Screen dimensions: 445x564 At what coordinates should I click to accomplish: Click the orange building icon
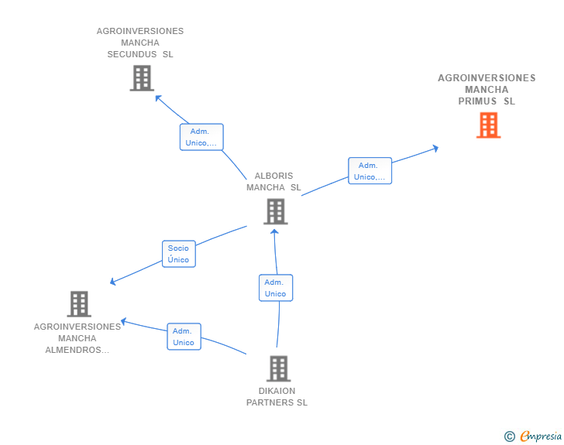[488, 125]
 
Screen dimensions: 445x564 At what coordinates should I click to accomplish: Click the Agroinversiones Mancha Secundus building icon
[142, 78]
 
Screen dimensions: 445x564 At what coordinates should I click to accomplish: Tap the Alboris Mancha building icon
[275, 211]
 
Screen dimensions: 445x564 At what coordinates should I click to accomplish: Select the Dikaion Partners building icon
[278, 368]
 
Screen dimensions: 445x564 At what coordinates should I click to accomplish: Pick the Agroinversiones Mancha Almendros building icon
[79, 304]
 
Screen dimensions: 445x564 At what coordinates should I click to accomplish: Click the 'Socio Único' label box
[178, 254]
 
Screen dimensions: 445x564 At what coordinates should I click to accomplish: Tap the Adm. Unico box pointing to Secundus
[201, 137]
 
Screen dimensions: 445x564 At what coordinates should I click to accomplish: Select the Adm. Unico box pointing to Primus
[370, 171]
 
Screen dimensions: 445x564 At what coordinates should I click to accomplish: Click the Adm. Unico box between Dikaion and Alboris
[275, 288]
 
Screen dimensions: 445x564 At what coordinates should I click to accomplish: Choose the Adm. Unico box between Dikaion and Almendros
[184, 337]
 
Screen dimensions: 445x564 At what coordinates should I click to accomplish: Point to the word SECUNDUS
[129, 55]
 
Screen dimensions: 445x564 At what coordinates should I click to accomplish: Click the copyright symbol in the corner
[509, 436]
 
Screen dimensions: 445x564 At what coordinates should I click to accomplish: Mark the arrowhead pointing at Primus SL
[436, 148]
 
